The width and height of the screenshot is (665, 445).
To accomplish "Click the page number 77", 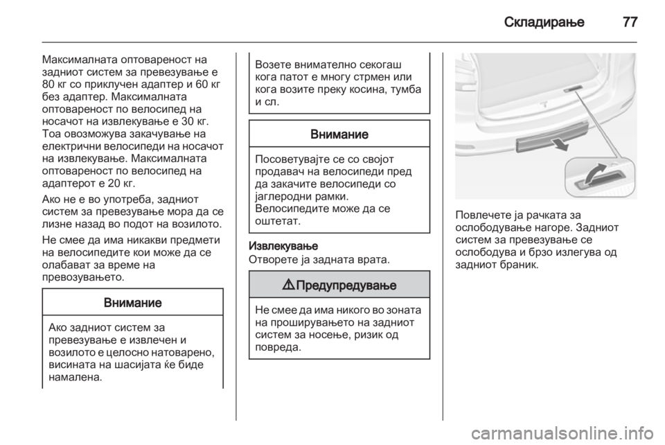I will click(x=629, y=21).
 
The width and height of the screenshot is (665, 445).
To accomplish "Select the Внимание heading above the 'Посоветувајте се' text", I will click(x=340, y=134).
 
